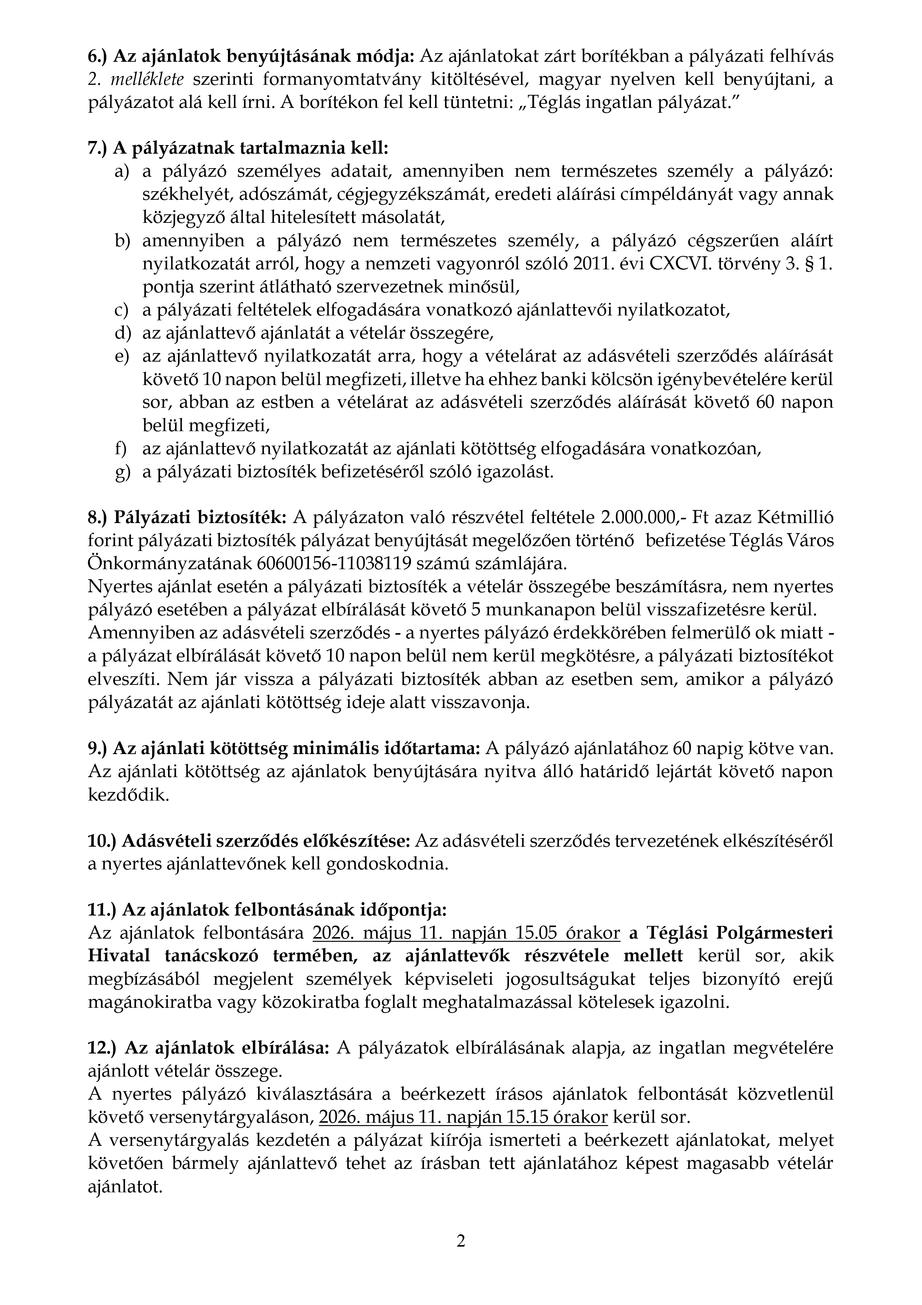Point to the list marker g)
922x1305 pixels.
(x=122, y=472)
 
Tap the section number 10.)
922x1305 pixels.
(x=102, y=841)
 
